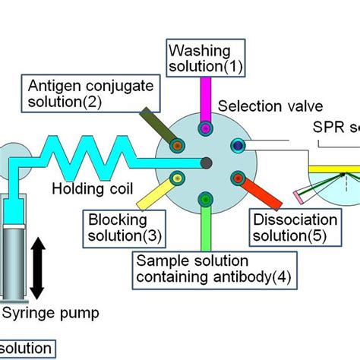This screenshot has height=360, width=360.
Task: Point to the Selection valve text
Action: (261, 106)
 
